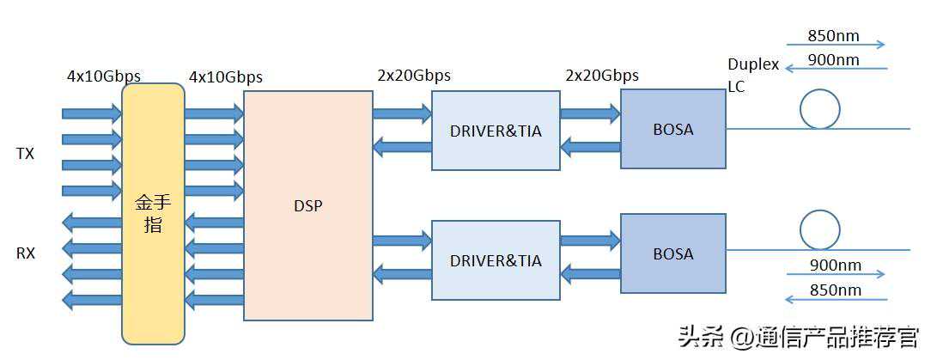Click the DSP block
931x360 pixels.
pos(307,205)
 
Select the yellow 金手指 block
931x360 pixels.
pos(153,213)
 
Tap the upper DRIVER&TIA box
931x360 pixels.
pos(496,131)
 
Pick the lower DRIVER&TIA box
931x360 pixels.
pos(496,259)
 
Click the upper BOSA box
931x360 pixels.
pos(672,129)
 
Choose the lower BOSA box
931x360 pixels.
pos(672,254)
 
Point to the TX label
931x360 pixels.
pos(26,154)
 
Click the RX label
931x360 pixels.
pos(26,253)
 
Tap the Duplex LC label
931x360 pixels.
pos(752,76)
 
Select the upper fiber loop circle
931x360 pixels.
pos(819,108)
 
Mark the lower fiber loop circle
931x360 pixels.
pos(819,229)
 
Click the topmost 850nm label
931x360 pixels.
pos(833,37)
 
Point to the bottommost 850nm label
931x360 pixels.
pos(835,290)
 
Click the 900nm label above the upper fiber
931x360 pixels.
pos(833,59)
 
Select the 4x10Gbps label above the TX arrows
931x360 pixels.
pos(104,76)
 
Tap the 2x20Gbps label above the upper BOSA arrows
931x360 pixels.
pos(601,76)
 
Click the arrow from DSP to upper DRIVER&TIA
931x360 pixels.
pos(402,113)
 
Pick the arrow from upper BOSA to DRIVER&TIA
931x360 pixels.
pos(590,147)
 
